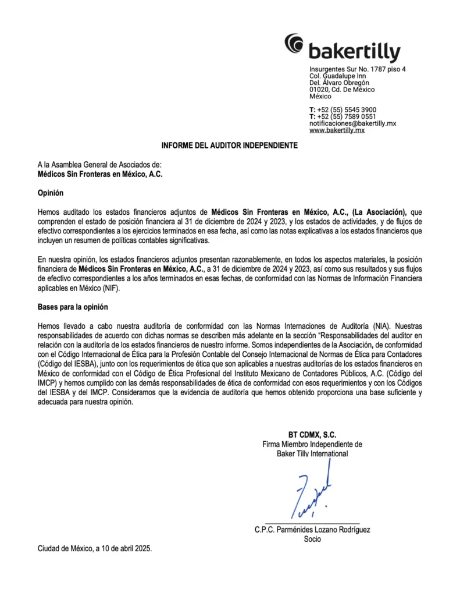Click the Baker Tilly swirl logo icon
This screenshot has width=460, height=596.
[x=294, y=44]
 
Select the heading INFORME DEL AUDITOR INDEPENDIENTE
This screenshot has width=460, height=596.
[x=230, y=146]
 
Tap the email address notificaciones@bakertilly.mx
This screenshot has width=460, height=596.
[x=352, y=123]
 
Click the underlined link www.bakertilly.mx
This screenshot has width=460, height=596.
[x=337, y=130]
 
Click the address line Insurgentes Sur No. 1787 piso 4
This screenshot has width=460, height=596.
[x=357, y=70]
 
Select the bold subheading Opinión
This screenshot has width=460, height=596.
[x=51, y=193]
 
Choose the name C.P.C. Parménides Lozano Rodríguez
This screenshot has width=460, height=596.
[x=312, y=530]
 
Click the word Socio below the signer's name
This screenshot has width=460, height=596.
[x=312, y=539]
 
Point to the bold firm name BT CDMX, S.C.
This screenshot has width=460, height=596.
[x=312, y=435]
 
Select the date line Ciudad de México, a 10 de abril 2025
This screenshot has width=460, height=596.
[x=95, y=548]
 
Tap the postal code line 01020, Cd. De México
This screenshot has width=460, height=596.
[x=342, y=90]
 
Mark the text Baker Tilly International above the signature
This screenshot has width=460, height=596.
[x=312, y=453]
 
